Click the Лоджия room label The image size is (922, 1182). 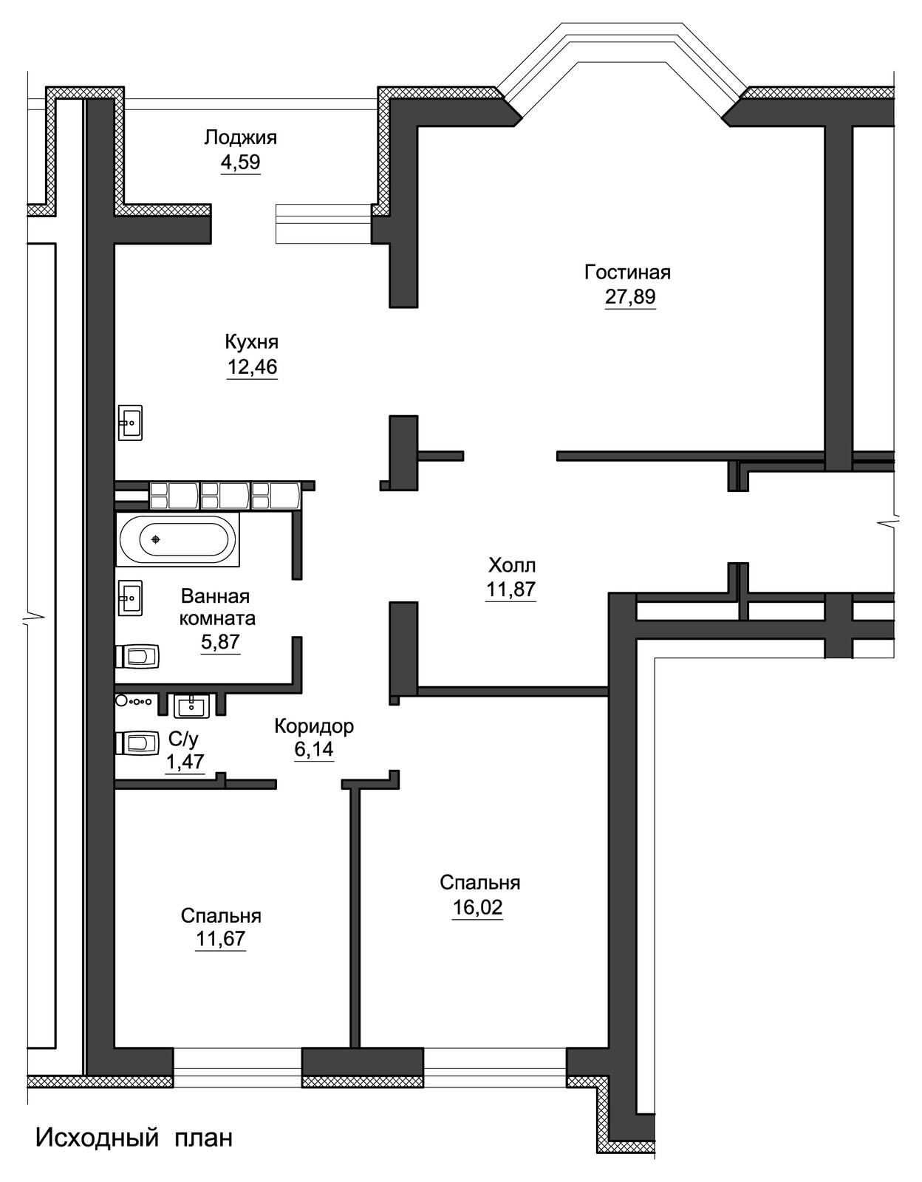click(240, 138)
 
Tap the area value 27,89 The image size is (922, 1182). click(630, 297)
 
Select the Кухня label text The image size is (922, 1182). click(251, 343)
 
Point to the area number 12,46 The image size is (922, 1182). click(252, 367)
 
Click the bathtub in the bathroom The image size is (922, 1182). click(177, 539)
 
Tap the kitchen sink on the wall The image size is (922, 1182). click(130, 423)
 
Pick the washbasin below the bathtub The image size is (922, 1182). click(130, 598)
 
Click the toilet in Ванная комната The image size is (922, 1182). click(137, 657)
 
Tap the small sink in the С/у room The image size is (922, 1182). click(191, 706)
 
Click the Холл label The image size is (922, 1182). click(511, 566)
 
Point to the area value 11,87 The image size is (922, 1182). click(510, 590)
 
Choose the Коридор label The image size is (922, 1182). click(314, 726)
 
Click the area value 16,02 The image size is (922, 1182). click(477, 908)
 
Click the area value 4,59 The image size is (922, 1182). click(240, 163)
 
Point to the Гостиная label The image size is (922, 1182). click(628, 272)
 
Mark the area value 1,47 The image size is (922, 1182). click(185, 762)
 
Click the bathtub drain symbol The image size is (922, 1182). click(156, 539)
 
